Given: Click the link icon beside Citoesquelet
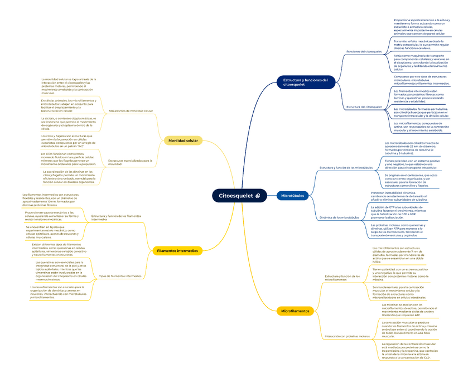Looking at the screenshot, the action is (257, 196).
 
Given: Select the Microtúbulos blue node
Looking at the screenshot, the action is (292, 196).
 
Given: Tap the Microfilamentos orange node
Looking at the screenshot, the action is (295, 311).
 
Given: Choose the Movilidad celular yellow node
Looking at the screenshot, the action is (183, 140).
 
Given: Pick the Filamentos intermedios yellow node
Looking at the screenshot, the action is (177, 251).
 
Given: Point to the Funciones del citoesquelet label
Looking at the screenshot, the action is (364, 51).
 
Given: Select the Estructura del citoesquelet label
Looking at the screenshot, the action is (364, 106).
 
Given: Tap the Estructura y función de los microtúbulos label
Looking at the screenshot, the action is (346, 167).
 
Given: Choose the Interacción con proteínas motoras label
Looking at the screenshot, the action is (347, 337).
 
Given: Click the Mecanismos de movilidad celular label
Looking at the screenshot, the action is (131, 111).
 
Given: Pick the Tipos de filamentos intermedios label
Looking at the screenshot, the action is (120, 276).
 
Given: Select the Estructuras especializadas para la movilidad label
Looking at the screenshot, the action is (130, 162).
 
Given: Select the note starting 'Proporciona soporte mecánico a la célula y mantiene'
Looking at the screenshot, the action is (421, 27).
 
